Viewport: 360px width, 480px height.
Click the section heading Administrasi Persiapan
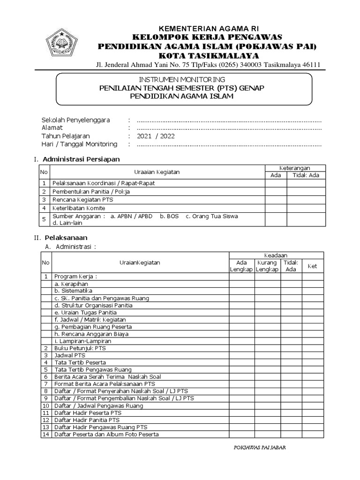point(81,159)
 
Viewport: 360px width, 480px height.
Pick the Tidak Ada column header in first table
point(306,175)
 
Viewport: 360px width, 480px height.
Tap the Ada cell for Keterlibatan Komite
point(276,208)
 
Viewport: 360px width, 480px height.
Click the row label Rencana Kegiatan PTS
point(80,200)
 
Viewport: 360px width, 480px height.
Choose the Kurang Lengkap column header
point(267,266)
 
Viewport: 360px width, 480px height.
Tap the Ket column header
point(312,266)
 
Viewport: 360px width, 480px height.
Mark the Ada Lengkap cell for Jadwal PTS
point(242,356)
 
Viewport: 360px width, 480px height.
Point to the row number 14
point(46,435)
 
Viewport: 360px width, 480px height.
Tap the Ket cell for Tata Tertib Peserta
point(312,362)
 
